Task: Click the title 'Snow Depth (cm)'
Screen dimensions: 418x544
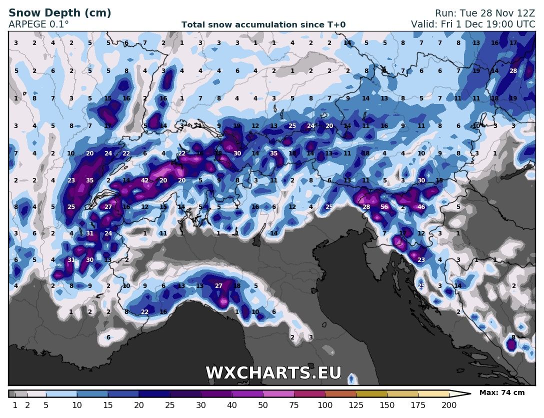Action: tap(60, 13)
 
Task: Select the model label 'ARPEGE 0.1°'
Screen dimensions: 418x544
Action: tap(39, 24)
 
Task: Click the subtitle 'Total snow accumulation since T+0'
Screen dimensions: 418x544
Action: tap(263, 24)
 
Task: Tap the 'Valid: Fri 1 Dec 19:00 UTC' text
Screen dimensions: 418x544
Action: tap(473, 24)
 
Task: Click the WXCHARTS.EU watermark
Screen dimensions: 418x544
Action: tap(273, 373)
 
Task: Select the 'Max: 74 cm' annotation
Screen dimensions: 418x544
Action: tap(502, 393)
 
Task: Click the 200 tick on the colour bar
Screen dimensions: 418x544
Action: tap(448, 405)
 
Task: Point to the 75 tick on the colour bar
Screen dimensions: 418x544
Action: tap(293, 405)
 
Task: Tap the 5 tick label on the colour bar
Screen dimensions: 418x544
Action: tap(46, 405)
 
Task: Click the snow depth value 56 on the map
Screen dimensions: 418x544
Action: tap(384, 207)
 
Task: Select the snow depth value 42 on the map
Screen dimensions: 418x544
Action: tap(145, 180)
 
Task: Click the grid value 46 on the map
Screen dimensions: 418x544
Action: tap(421, 207)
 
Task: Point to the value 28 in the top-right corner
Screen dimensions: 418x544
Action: tap(513, 71)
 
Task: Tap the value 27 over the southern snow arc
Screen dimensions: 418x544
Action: tap(218, 286)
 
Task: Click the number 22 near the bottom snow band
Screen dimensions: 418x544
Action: tap(145, 312)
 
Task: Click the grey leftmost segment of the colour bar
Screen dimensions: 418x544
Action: tap(12, 393)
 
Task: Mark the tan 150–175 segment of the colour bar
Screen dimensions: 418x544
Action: tap(402, 393)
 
